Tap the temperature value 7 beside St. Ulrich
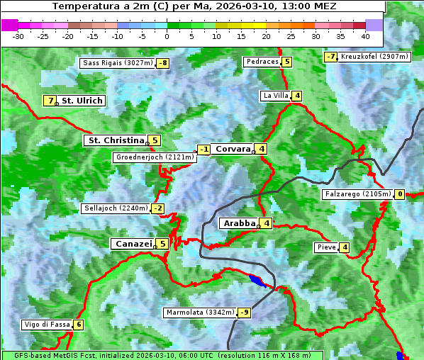(50, 101)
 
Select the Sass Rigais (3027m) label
(118, 63)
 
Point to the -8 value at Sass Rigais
(163, 63)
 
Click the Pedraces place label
(262, 62)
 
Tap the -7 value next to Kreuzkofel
(330, 57)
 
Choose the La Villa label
(275, 96)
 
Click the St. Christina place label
(115, 140)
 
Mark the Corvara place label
(233, 149)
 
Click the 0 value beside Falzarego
(400, 194)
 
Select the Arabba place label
(238, 223)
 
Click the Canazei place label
(133, 244)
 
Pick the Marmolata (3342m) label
(199, 312)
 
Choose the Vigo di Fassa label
(48, 325)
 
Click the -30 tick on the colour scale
(19, 35)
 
